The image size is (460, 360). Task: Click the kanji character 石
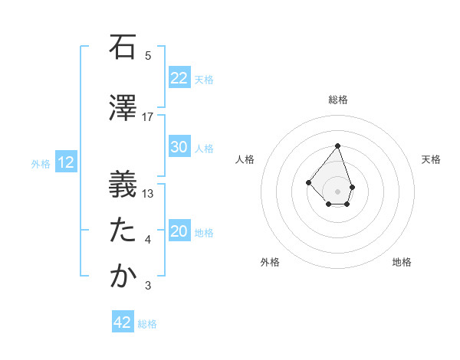coord(123,47)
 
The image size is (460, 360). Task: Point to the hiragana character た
coord(123,230)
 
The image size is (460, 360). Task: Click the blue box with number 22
coord(179,78)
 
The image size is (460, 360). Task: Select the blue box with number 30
coord(179,148)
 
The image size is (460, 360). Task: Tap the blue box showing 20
coord(179,232)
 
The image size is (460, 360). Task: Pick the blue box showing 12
coord(65,162)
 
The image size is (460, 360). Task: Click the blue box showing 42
coord(123,322)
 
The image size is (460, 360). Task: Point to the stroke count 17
coord(148,116)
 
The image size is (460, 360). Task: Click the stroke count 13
coord(148,193)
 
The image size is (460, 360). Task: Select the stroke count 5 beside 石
coord(148,56)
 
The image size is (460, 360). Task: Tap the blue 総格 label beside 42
coord(147,324)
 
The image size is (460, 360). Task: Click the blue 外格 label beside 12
coord(41,163)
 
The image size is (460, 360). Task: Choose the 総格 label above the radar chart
coord(337,100)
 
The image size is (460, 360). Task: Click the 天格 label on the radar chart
coord(431,159)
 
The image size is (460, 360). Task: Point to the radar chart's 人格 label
coord(245,159)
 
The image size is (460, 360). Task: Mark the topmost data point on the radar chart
coord(337,146)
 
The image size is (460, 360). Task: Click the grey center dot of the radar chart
coord(337,191)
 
